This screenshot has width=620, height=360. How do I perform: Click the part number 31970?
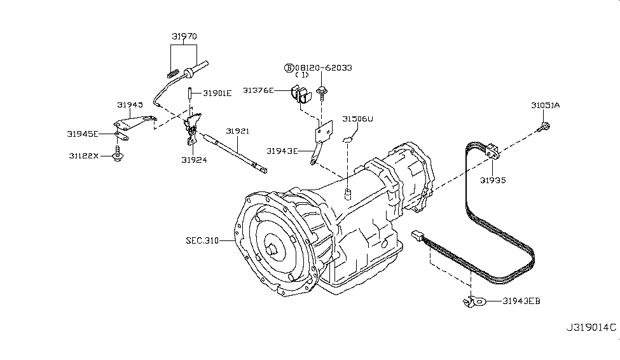point(183,36)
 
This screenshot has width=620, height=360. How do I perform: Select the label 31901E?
point(217,93)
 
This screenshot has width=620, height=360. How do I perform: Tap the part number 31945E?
point(83,134)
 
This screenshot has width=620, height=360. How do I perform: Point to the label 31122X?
point(83,155)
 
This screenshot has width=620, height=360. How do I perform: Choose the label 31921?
point(237,131)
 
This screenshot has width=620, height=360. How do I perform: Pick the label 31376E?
point(258,91)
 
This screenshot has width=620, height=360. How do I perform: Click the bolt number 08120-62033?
point(323,67)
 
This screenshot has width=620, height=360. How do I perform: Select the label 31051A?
point(546,105)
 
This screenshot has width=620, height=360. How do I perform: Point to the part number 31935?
point(493,181)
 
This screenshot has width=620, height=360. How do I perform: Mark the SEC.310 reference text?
point(202,240)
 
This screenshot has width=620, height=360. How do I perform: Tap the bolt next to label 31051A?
point(544,129)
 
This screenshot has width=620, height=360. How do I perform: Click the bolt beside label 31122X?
point(117,155)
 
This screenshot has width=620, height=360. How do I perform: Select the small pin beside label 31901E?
point(190,93)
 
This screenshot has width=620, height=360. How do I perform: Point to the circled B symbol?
point(289,67)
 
